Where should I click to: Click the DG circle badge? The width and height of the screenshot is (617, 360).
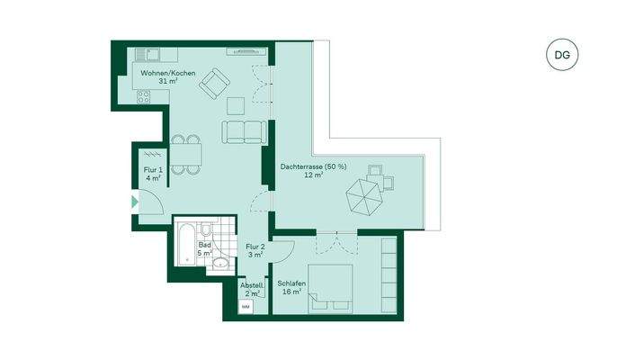pyautogui.click(x=561, y=54)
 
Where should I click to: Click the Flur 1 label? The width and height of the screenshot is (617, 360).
pyautogui.click(x=153, y=173)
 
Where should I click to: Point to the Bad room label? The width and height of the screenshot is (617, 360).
pyautogui.click(x=206, y=248)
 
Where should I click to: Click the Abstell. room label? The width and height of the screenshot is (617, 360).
pyautogui.click(x=250, y=289)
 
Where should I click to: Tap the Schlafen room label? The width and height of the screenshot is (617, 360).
pyautogui.click(x=292, y=287)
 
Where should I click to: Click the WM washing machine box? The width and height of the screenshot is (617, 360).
pyautogui.click(x=245, y=308)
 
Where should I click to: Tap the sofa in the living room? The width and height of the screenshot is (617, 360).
pyautogui.click(x=245, y=131)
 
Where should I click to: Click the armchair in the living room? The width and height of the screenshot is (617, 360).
pyautogui.click(x=215, y=85)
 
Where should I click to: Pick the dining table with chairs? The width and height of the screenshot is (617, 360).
pyautogui.click(x=185, y=154)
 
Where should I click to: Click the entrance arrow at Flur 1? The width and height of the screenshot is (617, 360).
pyautogui.click(x=136, y=202)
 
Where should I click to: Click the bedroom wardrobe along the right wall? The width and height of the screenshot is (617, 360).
pyautogui.click(x=389, y=274)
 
